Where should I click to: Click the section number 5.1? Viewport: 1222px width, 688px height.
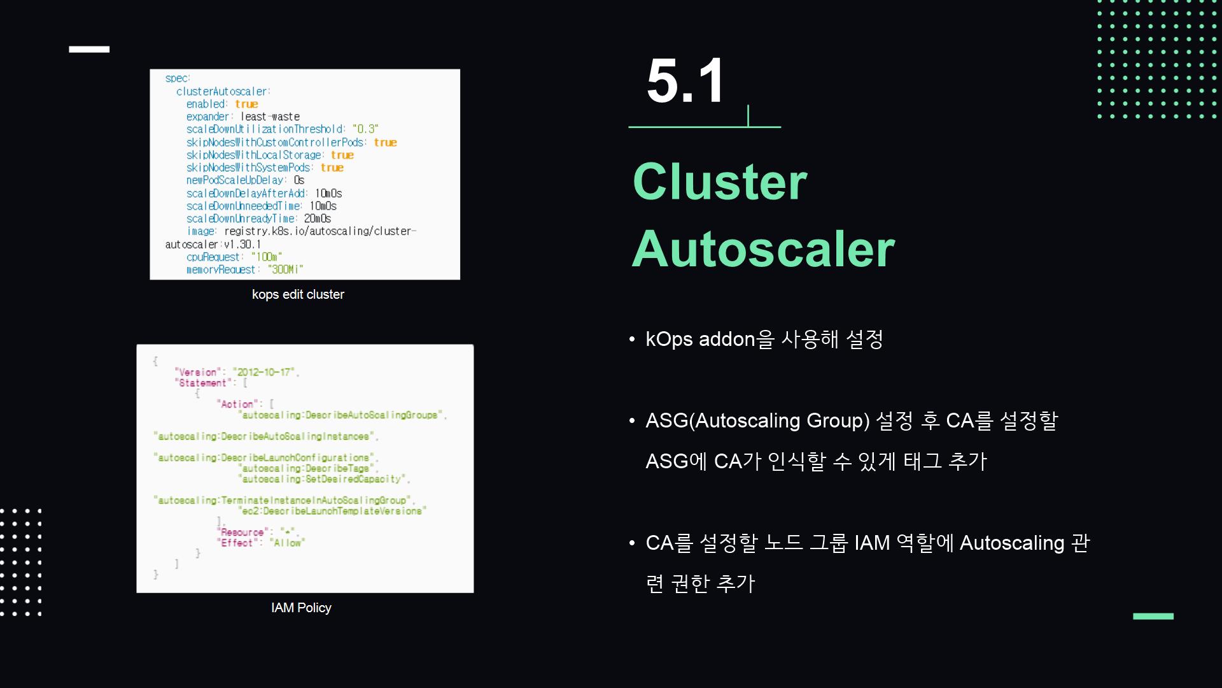[x=685, y=82]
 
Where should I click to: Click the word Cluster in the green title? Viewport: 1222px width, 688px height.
[x=719, y=182]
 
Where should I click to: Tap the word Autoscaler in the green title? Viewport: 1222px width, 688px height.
[x=762, y=248]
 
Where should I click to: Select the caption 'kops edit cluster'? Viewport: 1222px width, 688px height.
[x=298, y=294]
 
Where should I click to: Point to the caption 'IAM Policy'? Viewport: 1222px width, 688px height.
[x=301, y=608]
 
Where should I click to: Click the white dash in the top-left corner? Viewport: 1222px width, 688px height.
[x=89, y=49]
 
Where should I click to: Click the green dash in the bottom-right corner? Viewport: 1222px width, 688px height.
[x=1153, y=616]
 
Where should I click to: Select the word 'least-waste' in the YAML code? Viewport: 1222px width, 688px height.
[x=270, y=117]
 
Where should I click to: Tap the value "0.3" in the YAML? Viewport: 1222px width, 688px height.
[x=365, y=129]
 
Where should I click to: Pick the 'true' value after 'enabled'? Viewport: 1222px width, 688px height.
[x=246, y=104]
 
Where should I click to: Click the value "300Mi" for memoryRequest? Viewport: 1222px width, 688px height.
[x=285, y=269]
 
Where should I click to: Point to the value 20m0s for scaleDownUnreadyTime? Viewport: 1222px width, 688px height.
[x=317, y=219]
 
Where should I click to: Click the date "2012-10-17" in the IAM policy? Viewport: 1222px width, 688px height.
[x=264, y=372]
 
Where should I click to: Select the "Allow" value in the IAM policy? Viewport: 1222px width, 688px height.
[x=287, y=543]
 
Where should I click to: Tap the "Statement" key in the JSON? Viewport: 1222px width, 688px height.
[x=203, y=383]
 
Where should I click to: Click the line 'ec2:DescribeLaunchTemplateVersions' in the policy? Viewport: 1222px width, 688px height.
[x=332, y=511]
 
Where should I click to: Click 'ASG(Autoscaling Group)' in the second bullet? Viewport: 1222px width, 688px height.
[x=757, y=420]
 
